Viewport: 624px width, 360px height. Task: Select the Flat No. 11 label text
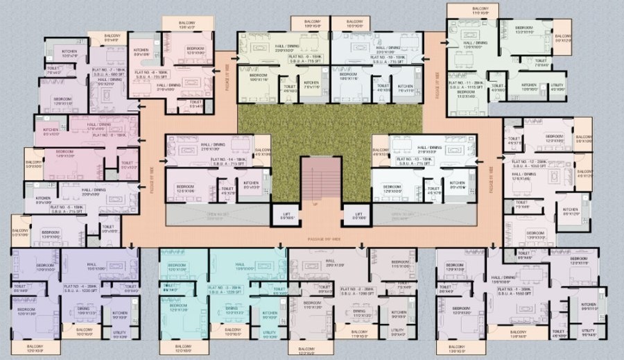coord(465,83)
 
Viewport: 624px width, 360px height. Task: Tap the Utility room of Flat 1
coord(587,332)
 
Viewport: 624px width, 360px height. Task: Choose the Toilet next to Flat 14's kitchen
coord(227,189)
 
